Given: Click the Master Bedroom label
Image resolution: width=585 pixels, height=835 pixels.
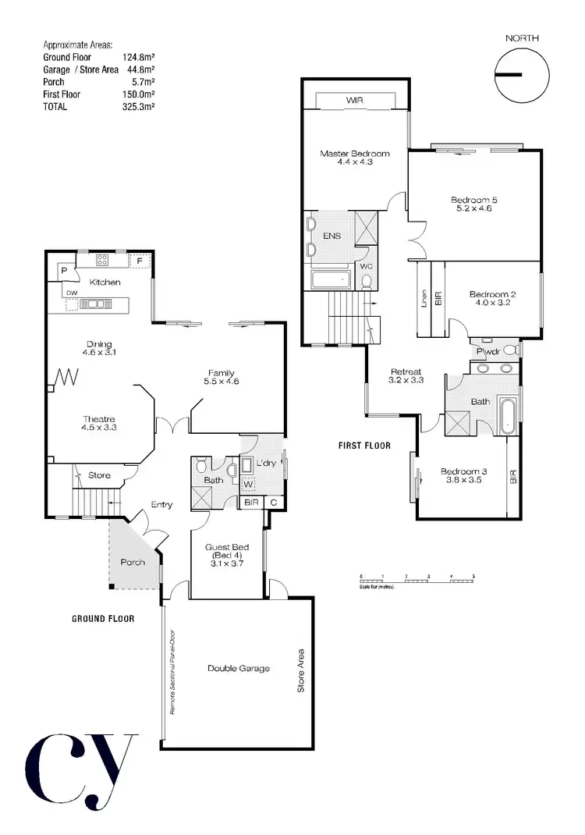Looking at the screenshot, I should tap(354, 154).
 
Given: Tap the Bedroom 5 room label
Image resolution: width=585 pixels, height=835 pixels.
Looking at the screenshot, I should tap(473, 201).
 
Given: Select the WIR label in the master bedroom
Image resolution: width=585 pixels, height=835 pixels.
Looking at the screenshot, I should tap(355, 101).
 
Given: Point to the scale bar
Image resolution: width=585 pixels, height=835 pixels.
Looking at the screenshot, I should tap(417, 578).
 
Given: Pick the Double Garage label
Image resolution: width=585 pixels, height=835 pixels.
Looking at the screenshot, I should tap(238, 668).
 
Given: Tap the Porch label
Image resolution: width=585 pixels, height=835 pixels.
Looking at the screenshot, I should tap(133, 562).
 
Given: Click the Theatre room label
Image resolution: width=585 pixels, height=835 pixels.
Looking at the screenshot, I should tap(97, 419).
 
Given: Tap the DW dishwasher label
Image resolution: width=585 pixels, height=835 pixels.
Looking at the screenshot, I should tap(71, 293).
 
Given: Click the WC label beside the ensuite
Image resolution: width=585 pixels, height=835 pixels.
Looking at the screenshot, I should tap(366, 265).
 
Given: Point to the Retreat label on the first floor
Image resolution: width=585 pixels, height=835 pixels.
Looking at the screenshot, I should tap(406, 371).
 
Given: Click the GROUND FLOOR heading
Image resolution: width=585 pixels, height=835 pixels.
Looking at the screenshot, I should tap(103, 618).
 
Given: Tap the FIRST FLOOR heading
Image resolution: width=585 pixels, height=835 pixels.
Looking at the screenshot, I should tap(364, 446).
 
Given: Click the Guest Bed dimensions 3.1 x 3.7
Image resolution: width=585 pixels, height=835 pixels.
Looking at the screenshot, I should tap(226, 563).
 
